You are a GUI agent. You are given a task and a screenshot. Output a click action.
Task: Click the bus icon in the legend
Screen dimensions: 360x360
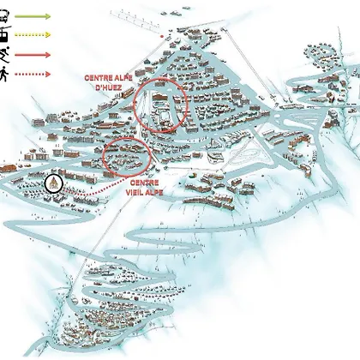coord(4,16)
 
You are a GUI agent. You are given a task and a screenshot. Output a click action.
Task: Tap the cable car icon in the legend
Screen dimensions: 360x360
coord(5,34)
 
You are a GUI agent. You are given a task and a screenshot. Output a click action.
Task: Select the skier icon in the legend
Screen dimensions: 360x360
coord(5,55)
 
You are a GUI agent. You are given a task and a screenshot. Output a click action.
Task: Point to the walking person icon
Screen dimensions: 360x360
coord(4,74)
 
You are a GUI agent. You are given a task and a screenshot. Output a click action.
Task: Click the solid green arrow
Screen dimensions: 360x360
coord(33,16)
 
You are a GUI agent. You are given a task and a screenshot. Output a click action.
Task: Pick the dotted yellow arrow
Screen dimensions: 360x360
coord(33,34)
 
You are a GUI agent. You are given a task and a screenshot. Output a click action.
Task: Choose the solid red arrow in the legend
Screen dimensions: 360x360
coord(33,55)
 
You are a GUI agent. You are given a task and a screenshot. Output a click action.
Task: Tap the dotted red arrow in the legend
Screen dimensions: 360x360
coord(33,75)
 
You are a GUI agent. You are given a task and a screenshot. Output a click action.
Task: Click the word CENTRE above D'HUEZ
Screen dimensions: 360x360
coord(97,78)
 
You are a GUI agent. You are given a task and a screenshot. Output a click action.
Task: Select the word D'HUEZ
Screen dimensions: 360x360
coord(109,87)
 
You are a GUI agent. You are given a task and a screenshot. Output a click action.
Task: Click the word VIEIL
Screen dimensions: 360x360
coord(135,192)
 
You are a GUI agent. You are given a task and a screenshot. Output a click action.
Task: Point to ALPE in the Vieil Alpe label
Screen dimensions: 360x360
coord(155,192)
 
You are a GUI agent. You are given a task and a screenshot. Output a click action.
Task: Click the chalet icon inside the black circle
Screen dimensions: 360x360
coord(54,183)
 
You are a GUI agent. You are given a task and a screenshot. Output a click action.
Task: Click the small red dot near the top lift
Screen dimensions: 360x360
coord(162,37)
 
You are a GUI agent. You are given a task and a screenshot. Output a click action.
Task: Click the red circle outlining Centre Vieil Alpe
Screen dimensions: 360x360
coord(127,138)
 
